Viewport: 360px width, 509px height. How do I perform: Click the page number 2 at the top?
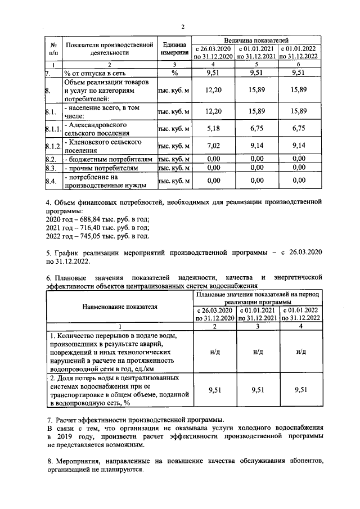(183, 26)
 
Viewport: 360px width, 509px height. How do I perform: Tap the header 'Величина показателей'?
(256, 40)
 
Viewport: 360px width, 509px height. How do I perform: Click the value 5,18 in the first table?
(213, 128)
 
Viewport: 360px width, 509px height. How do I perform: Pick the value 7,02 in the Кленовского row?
(213, 147)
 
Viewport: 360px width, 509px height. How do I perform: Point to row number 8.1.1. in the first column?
(53, 129)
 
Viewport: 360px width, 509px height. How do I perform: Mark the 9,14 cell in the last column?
(299, 147)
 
